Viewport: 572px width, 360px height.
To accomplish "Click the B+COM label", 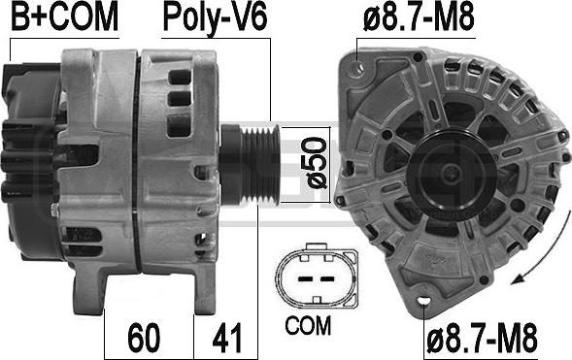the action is [65, 16].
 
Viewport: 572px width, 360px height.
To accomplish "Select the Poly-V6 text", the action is [216, 18].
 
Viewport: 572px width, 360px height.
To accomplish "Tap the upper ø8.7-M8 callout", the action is [419, 17].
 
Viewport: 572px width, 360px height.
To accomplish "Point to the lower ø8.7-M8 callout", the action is [482, 339].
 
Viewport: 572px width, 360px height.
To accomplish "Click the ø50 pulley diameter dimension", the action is [314, 163].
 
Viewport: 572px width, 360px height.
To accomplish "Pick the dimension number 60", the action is [144, 338].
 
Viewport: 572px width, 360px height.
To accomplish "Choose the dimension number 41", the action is [227, 338].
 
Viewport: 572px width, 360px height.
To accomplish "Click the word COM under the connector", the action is [308, 325].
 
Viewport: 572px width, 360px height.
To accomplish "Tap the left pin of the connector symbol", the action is [305, 279].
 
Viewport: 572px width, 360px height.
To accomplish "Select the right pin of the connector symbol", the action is [327, 279].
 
